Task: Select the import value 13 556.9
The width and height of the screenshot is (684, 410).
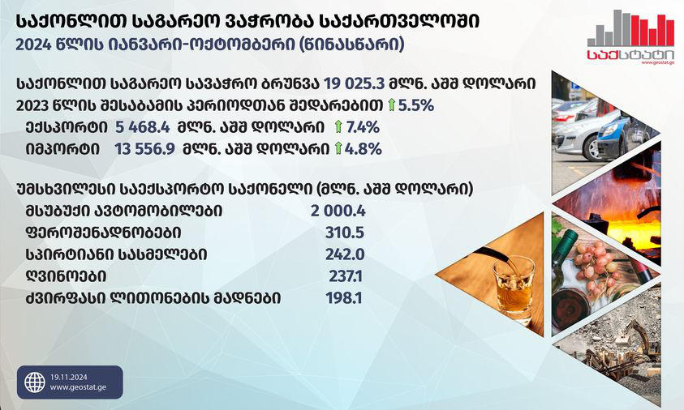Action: pos(147,149)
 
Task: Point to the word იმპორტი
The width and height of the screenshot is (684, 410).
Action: pos(55,149)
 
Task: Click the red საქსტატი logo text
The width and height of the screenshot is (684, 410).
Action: pos(618,58)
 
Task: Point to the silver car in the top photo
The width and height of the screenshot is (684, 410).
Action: pos(588,130)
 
